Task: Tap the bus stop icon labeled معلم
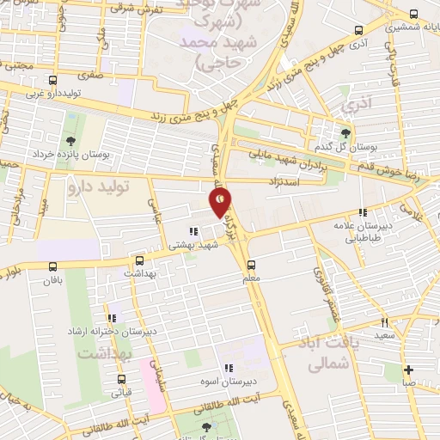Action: (251, 265)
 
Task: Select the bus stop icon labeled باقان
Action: (53, 266)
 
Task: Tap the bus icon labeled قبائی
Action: (120, 379)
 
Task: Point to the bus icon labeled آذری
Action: (358, 29)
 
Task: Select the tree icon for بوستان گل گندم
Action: (345, 132)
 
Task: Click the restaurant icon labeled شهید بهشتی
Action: (194, 230)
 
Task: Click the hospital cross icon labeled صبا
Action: (409, 370)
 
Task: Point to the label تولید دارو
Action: (98, 186)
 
